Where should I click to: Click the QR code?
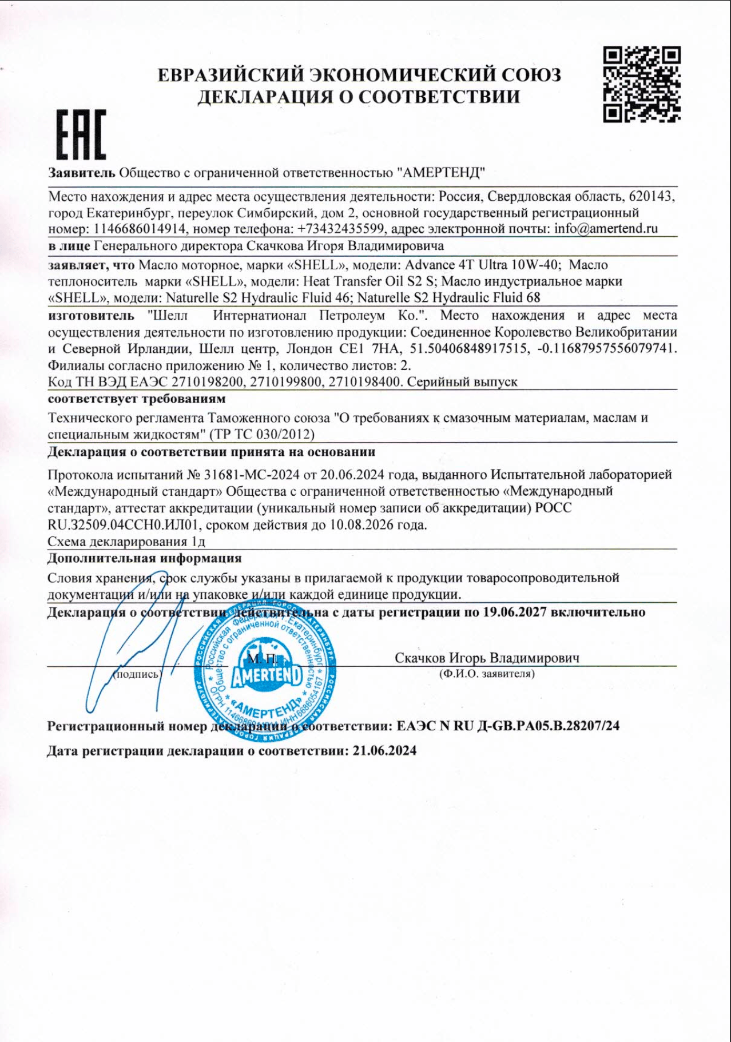642,85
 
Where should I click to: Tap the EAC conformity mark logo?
80,136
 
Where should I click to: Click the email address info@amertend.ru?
606,229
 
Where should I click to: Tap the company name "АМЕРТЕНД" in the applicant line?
442,172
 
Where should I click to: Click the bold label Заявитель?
81,172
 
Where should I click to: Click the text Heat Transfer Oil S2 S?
370,281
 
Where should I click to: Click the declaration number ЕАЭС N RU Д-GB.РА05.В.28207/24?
508,726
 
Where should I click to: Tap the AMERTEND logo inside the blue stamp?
266,677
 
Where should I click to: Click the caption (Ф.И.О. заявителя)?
487,674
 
